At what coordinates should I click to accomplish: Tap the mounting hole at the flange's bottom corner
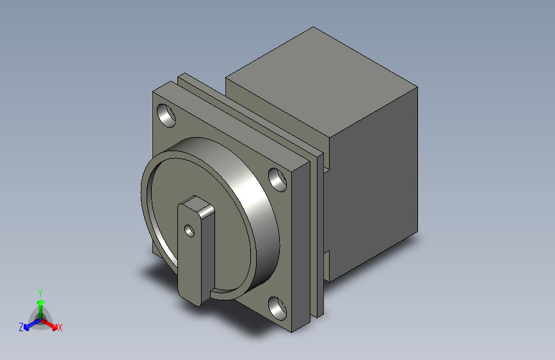point(278,308)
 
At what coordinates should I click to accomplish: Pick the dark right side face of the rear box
point(374,192)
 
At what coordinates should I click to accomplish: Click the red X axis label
point(60,327)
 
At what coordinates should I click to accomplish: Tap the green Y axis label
point(40,292)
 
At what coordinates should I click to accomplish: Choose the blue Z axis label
point(21,327)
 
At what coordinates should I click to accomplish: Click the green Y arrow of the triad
point(40,303)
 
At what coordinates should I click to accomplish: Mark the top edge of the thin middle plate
point(250,115)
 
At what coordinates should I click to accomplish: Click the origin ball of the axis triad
point(40,317)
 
